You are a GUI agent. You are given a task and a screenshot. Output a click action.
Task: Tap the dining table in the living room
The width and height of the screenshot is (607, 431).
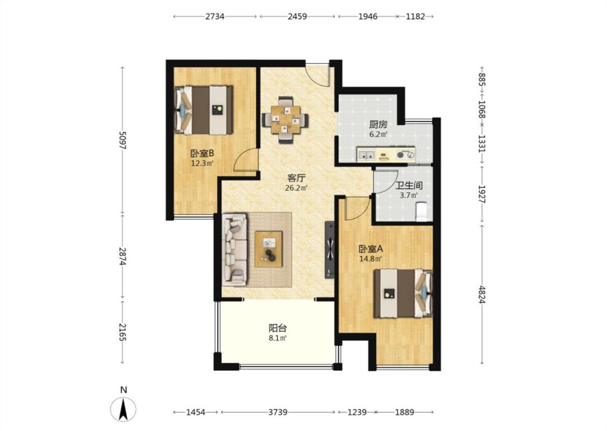point(285,120)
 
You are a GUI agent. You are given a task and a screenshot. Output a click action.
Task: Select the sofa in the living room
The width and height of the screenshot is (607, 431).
point(235,249)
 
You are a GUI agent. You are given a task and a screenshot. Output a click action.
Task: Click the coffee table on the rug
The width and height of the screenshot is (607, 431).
point(269,249)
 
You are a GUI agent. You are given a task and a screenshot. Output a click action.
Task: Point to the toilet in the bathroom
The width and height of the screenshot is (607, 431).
point(421,212)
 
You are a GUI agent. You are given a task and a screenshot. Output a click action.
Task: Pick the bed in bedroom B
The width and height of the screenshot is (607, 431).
point(203,110)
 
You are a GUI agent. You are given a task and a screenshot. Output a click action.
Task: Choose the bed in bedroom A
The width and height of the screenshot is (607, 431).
point(403,294)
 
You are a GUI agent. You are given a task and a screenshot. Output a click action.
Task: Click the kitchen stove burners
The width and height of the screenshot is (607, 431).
point(405,155)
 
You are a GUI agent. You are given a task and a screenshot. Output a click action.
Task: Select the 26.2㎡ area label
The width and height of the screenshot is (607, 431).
point(296,188)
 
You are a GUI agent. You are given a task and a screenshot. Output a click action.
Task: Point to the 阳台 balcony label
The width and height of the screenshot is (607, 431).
point(278,328)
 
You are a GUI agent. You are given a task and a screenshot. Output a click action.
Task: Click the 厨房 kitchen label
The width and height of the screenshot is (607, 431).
point(378,124)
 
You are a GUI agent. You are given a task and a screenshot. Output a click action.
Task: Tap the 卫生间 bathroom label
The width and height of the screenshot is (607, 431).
point(409,185)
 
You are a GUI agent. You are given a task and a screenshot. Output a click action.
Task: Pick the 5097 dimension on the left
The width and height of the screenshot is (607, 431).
point(122,140)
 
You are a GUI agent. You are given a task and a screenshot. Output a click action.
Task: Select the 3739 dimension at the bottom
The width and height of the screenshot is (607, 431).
point(278,412)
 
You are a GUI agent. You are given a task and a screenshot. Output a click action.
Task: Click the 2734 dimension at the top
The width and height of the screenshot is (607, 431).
point(215,16)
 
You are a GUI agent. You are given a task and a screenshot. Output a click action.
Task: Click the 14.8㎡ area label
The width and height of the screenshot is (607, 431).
point(371,259)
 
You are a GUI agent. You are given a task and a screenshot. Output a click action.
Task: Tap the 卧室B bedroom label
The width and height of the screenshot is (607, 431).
point(202,153)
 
